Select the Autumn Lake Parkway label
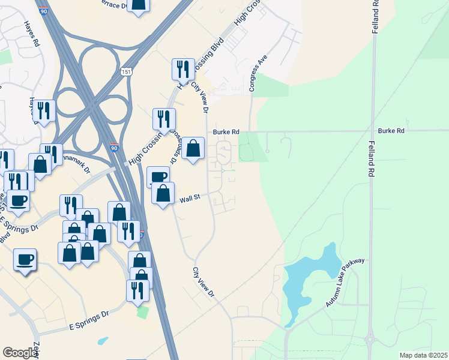click(345, 284)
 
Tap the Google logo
click(20, 353)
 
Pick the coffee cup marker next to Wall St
click(158, 177)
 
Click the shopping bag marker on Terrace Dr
click(139, 5)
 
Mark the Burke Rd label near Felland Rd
click(391, 131)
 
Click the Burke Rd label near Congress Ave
click(227, 132)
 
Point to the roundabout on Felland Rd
click(370, 340)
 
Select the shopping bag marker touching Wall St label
click(163, 193)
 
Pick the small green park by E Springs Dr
click(142, 312)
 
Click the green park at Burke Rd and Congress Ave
click(252, 146)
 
